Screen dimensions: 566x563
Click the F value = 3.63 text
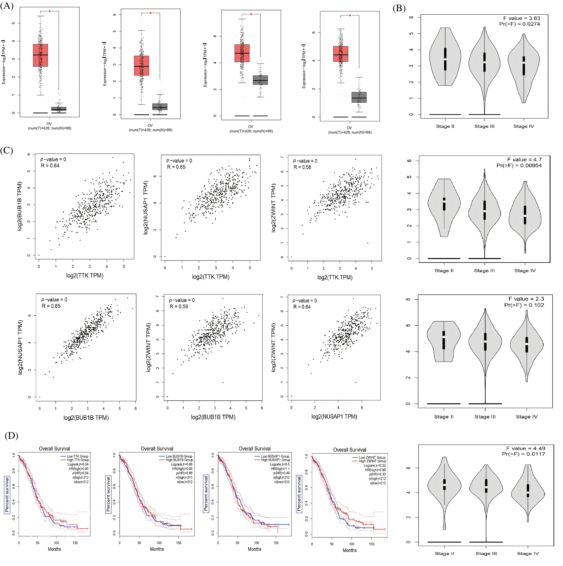522,18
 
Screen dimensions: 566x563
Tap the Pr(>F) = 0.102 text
524,305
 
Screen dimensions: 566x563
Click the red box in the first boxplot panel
40,55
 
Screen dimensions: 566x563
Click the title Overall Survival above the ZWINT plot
350,450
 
